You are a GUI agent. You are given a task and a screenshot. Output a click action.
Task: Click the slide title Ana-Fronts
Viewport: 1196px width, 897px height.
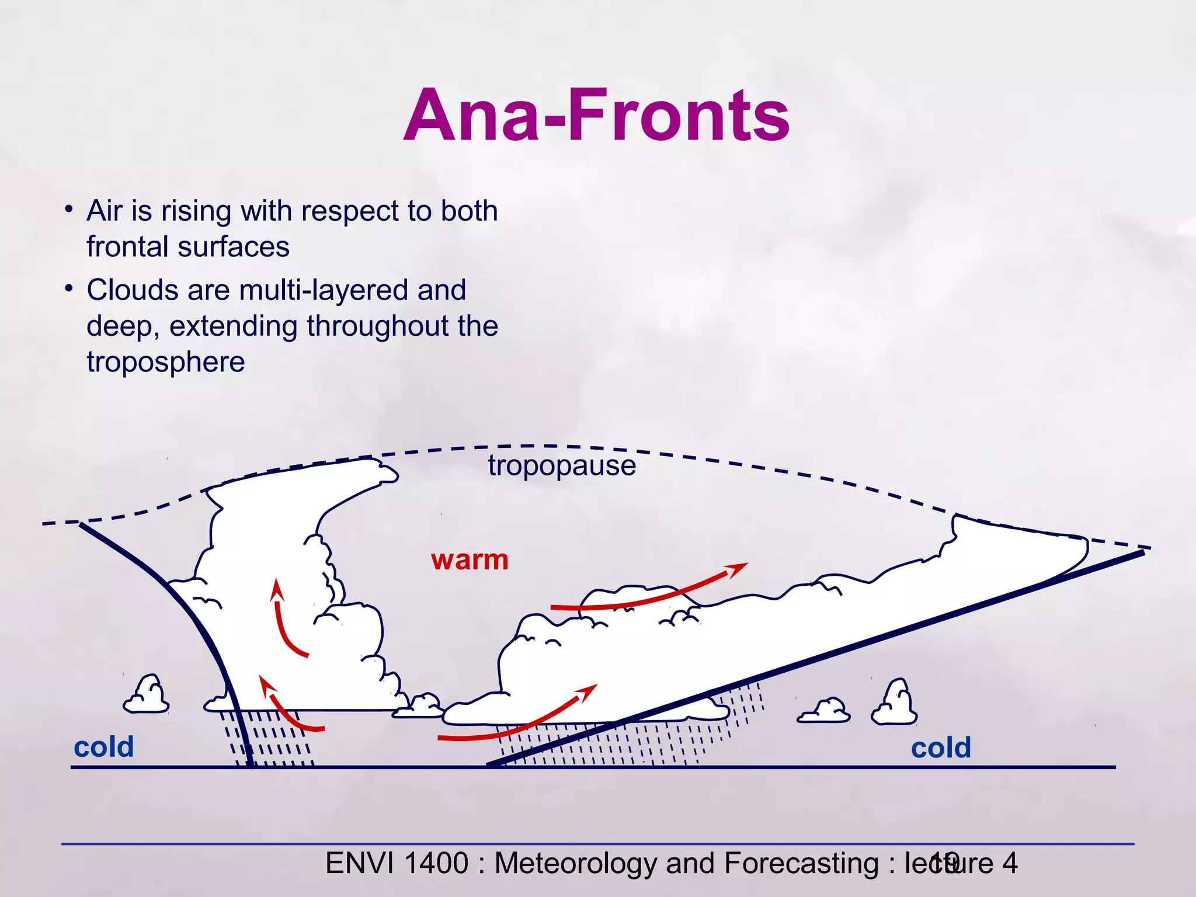pos(596,115)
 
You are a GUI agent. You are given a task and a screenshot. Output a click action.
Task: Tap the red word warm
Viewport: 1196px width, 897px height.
pos(470,560)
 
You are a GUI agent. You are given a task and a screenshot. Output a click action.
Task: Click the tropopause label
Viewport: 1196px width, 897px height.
pos(562,466)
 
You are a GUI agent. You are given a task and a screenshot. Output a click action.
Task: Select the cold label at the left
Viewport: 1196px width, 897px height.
pos(104,747)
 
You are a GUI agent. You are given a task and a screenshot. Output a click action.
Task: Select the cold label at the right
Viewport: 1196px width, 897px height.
pos(941,747)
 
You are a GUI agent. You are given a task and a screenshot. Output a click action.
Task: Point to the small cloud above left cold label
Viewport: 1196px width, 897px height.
pos(146,696)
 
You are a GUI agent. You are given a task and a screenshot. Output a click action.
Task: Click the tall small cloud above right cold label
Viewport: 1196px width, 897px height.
pos(895,704)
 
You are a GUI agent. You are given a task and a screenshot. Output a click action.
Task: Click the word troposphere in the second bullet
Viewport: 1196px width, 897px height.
pos(165,362)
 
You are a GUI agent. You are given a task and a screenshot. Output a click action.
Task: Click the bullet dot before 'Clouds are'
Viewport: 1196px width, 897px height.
pos(69,288)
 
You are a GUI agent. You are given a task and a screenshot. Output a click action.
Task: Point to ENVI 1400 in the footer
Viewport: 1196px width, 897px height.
pos(397,863)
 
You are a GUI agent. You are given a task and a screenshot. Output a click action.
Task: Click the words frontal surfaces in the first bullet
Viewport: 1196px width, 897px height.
pos(187,247)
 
